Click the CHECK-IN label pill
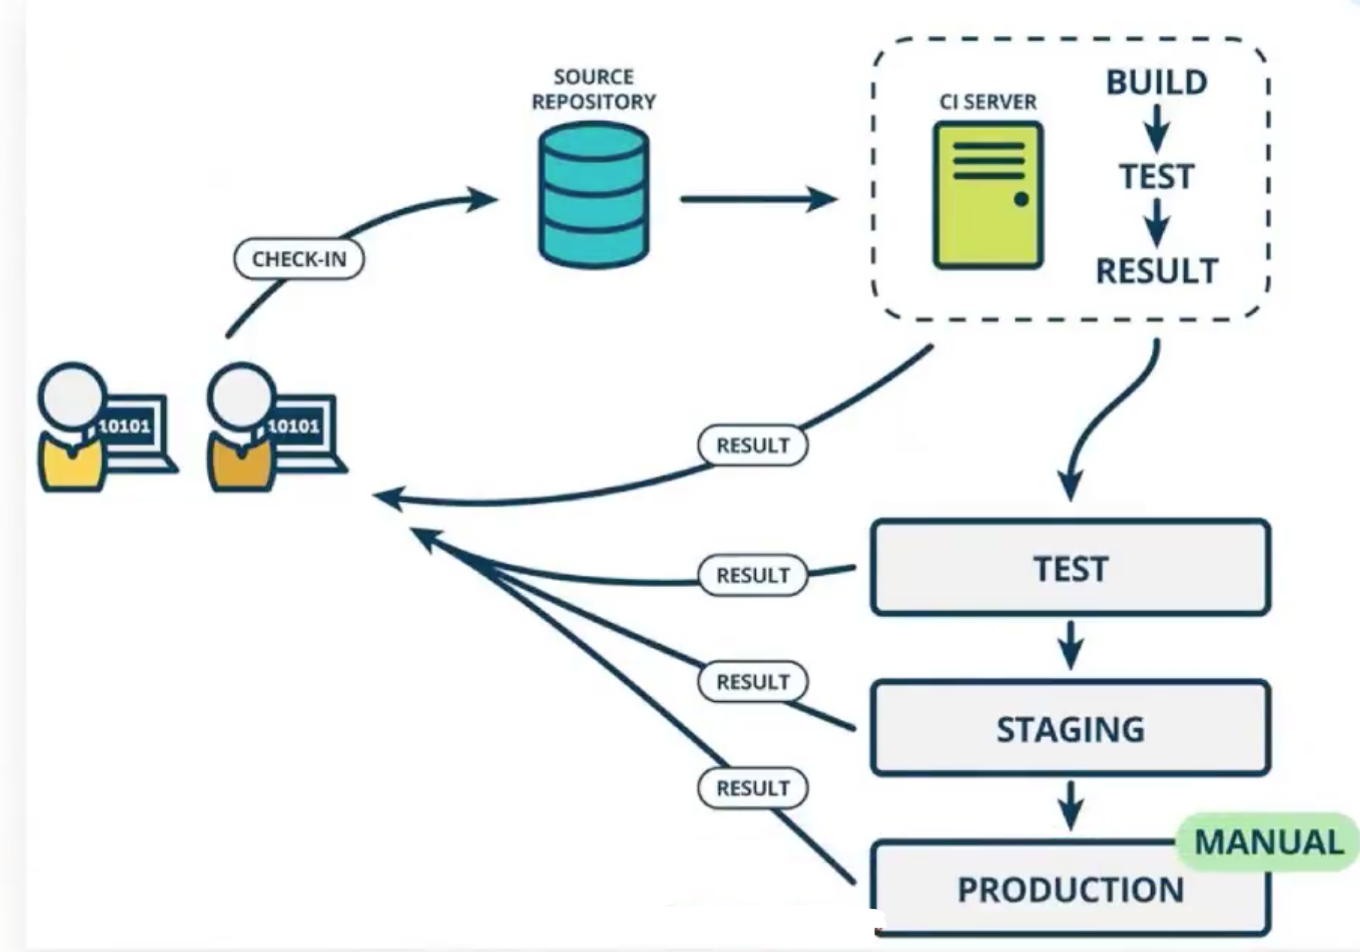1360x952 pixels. pos(299,259)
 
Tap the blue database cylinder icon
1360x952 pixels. pos(594,195)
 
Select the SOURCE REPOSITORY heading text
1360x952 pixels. pos(594,89)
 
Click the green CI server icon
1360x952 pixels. pos(988,195)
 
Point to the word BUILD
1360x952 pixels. pos(1156,83)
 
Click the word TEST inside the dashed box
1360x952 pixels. pos(1156,177)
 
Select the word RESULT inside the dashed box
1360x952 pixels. pos(1156,271)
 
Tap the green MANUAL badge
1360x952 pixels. pos(1268,842)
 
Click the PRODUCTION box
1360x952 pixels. pos(1070,889)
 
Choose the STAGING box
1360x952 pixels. pos(1070,728)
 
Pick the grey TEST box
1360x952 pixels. pos(1070,568)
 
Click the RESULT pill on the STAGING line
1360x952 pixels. pos(753,682)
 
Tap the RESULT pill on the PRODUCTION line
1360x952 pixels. pos(753,788)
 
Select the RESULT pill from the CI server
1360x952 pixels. pos(753,445)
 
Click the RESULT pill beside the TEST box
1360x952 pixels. pos(753,575)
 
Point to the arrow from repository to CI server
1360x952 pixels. pos(759,199)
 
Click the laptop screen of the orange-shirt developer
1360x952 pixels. pos(295,426)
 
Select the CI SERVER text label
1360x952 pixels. pos(987,101)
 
